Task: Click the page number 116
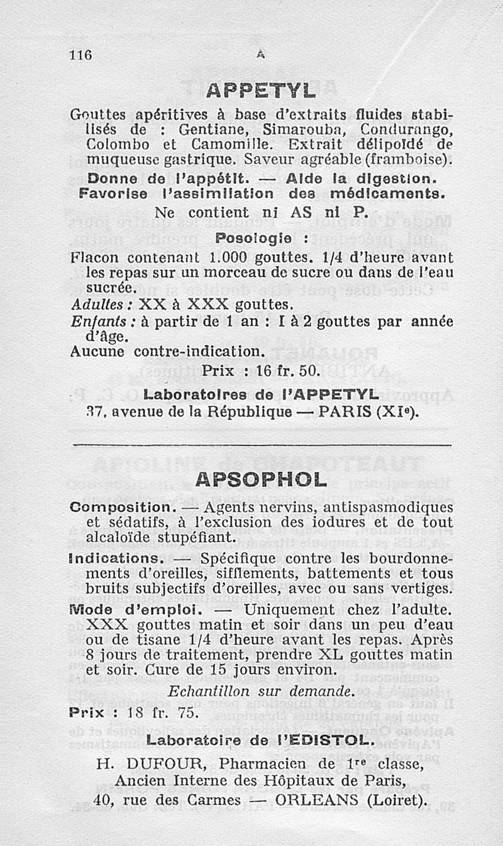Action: (81, 55)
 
